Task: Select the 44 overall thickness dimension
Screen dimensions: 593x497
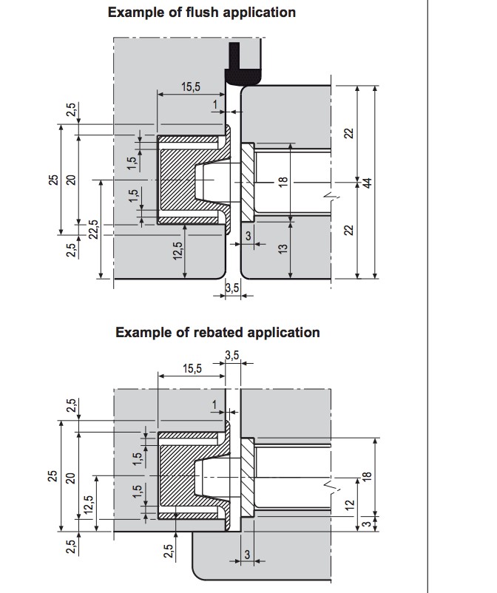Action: click(367, 183)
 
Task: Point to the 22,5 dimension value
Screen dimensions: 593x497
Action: click(92, 230)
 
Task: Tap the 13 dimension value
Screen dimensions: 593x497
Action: click(282, 249)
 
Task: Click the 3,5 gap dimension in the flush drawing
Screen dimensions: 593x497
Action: click(231, 288)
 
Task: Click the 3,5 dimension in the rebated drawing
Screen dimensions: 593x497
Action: click(231, 356)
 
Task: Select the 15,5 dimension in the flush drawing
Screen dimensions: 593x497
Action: click(191, 87)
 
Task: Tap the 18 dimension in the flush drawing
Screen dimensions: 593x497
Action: click(282, 182)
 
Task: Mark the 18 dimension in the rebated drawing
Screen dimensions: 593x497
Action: click(367, 478)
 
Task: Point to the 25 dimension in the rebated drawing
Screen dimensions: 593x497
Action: click(53, 476)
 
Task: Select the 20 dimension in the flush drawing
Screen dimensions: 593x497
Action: click(71, 180)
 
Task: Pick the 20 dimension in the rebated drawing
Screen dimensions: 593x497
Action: click(71, 478)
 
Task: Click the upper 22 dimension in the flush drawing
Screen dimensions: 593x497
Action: click(349, 134)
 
